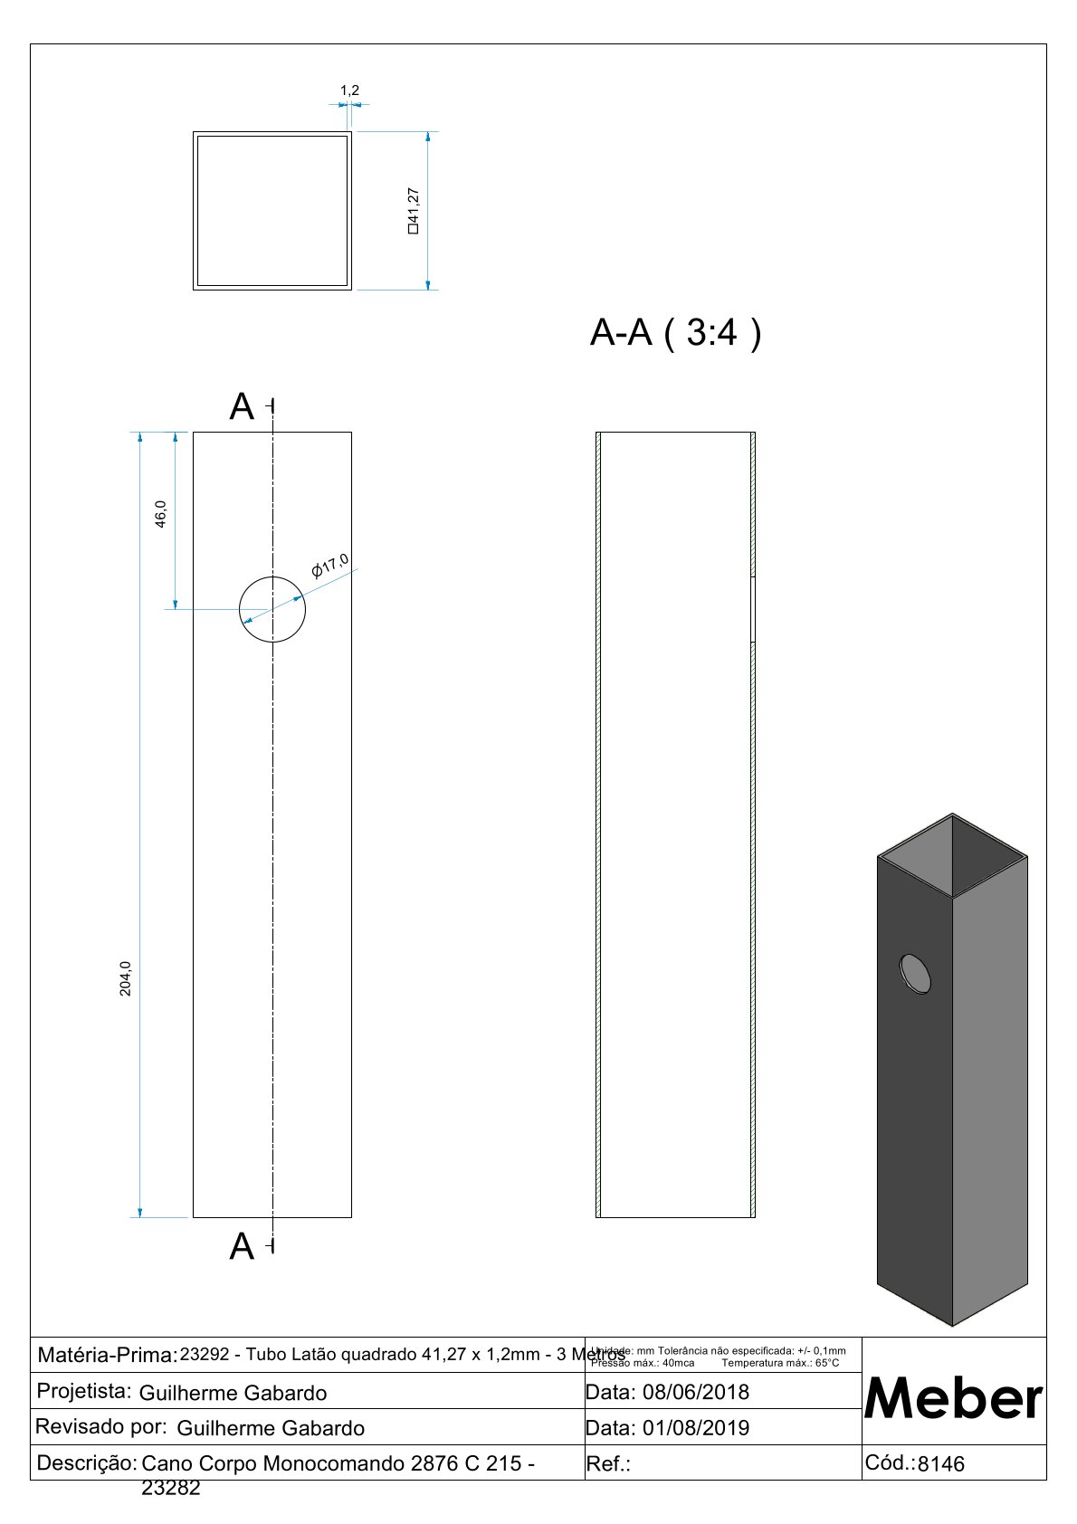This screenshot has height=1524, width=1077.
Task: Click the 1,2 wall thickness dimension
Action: click(x=349, y=90)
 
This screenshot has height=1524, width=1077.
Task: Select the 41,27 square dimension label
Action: click(x=414, y=210)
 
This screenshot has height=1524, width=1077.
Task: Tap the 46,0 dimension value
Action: click(x=161, y=514)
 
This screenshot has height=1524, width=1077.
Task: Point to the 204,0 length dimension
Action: click(x=126, y=978)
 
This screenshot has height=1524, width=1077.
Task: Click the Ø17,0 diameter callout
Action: click(x=329, y=566)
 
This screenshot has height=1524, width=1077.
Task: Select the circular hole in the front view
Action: click(x=272, y=609)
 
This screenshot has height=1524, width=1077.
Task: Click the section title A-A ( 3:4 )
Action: click(x=675, y=333)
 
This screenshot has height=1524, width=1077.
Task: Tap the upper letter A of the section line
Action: click(x=242, y=407)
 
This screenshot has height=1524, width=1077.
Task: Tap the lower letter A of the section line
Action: click(x=242, y=1247)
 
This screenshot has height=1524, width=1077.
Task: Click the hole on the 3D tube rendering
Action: click(x=915, y=974)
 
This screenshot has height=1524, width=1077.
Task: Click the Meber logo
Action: click(x=954, y=1398)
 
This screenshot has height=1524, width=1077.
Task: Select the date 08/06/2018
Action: click(x=695, y=1392)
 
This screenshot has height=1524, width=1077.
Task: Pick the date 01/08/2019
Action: click(x=695, y=1428)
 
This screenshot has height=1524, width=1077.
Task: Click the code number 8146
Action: click(x=941, y=1464)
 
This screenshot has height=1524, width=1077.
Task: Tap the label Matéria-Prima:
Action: click(x=107, y=1356)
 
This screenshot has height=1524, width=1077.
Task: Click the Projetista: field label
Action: click(x=84, y=1391)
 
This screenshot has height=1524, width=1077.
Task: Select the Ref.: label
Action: click(x=608, y=1464)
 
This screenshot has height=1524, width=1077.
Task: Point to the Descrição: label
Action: click(x=86, y=1462)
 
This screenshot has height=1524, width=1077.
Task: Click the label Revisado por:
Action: click(x=100, y=1427)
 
